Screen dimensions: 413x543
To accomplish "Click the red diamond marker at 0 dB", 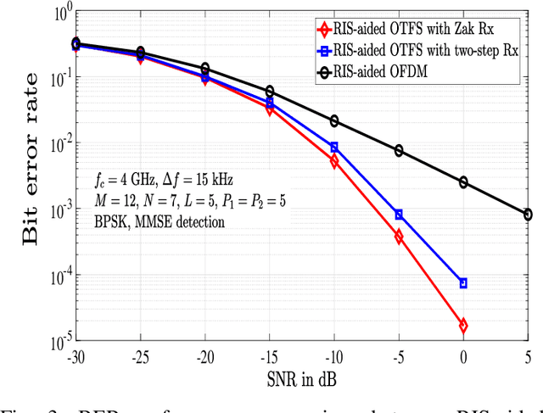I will point(463,326).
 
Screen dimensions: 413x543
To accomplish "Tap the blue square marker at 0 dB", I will point(463,282).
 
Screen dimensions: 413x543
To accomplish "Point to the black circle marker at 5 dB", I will point(528,215).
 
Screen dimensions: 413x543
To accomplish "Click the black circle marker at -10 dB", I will point(334,121).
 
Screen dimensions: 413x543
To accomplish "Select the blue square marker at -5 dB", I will point(399,215).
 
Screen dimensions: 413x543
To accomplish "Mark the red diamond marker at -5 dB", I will point(399,237).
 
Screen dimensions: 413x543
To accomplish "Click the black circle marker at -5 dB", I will point(399,151).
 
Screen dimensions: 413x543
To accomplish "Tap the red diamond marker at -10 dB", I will point(334,161).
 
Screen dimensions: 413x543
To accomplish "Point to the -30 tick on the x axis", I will point(76,357).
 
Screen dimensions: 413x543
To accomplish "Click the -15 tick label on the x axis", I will point(269,357).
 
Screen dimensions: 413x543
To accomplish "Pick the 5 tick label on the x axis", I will point(528,357).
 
